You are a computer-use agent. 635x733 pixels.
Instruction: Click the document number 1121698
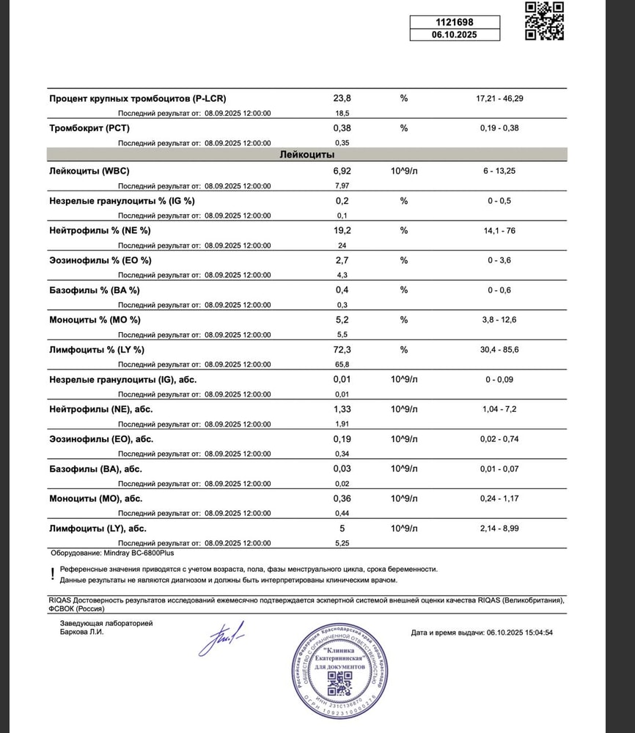[x=455, y=21]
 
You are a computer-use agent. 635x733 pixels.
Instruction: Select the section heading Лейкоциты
[x=307, y=155]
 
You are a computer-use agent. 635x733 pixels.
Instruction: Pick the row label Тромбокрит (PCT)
[x=89, y=128]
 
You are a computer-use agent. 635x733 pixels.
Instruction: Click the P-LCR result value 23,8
[x=342, y=98]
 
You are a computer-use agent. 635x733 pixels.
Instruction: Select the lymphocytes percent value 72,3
[x=342, y=350]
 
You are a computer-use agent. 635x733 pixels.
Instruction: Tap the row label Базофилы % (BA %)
[x=95, y=290]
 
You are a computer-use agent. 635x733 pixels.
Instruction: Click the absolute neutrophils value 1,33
[x=342, y=409]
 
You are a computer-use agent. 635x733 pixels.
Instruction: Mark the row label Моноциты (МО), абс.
[x=96, y=498]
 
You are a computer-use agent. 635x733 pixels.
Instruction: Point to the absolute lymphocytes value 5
[x=342, y=528]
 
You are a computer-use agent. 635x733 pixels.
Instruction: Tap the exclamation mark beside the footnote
[x=53, y=574]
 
